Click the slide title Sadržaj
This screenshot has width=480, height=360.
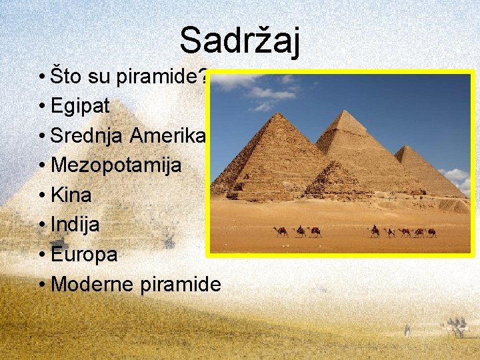point(239,40)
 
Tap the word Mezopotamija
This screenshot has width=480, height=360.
point(116,165)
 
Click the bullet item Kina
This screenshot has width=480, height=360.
point(71,195)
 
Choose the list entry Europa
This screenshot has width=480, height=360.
point(84,255)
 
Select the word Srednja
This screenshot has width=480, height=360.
point(87,135)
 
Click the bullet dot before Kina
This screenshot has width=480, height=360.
point(42,195)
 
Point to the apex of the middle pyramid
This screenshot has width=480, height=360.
point(344,111)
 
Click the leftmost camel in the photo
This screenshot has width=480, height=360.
point(281,231)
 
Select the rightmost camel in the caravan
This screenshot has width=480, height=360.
point(431,232)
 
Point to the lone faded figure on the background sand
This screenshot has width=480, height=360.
point(407,329)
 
